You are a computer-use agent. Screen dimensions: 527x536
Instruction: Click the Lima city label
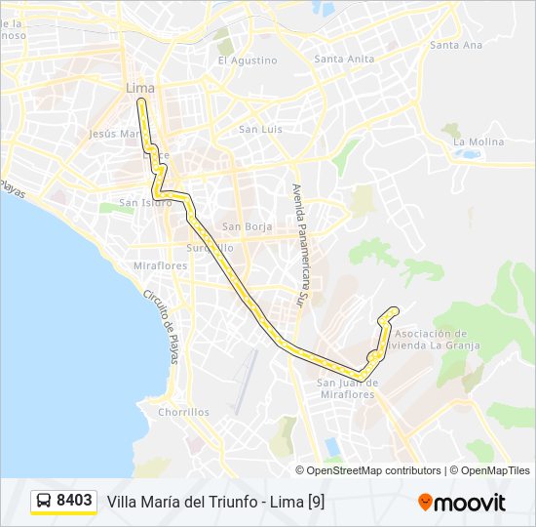click(140, 88)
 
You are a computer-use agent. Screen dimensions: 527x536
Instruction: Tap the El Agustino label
click(248, 60)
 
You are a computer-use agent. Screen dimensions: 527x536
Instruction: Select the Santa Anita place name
click(344, 59)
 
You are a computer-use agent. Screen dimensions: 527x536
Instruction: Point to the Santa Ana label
click(456, 45)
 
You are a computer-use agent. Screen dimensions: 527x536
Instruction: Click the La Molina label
click(479, 142)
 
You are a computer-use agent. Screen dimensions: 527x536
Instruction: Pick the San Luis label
click(260, 129)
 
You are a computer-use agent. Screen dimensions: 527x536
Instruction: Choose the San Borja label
click(245, 227)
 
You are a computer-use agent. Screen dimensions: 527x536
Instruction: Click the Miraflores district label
click(161, 265)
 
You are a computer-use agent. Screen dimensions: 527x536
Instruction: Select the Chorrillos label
click(183, 412)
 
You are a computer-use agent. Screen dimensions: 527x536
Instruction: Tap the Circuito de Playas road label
click(161, 327)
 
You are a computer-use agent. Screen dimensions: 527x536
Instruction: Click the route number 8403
click(74, 501)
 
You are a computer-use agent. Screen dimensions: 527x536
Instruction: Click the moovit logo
click(462, 502)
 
